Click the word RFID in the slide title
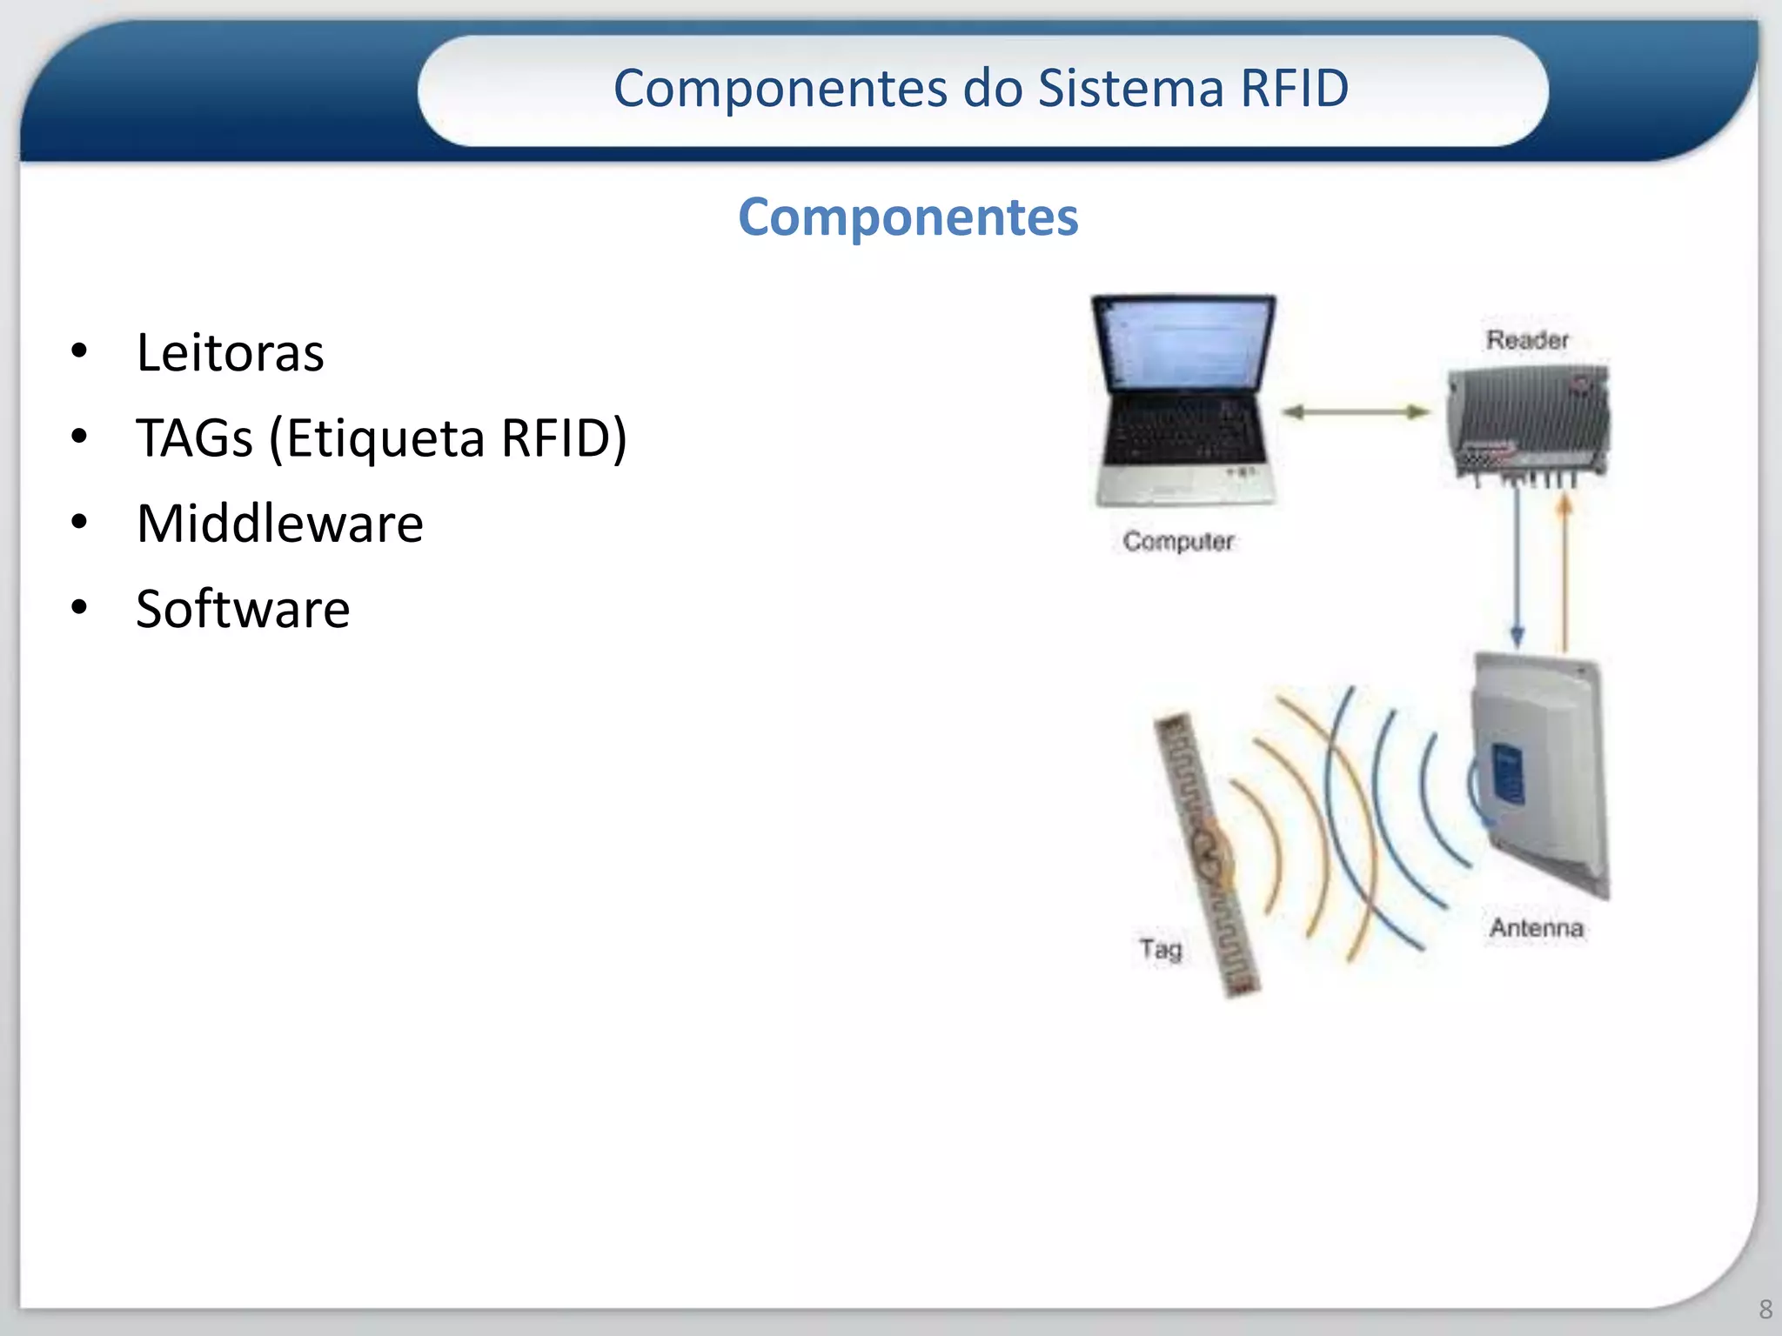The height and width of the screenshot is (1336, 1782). [x=1294, y=89]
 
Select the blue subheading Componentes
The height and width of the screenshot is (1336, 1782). [x=908, y=217]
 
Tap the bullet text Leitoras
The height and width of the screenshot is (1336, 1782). [x=230, y=352]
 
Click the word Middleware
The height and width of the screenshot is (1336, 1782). [x=279, y=524]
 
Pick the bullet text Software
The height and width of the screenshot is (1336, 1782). [x=243, y=609]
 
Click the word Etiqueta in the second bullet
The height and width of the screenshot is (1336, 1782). [x=385, y=438]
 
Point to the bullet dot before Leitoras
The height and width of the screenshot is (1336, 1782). [x=79, y=351]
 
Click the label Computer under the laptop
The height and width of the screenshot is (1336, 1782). [x=1178, y=541]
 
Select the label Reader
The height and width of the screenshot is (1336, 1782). [x=1527, y=340]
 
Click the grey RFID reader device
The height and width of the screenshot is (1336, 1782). [x=1528, y=421]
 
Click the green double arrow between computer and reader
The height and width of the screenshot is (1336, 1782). [x=1356, y=412]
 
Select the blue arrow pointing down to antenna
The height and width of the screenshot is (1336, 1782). [x=1517, y=565]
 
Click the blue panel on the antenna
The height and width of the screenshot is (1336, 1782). [x=1508, y=774]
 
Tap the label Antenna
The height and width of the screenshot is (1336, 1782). [x=1536, y=928]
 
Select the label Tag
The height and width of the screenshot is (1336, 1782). [x=1161, y=949]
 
